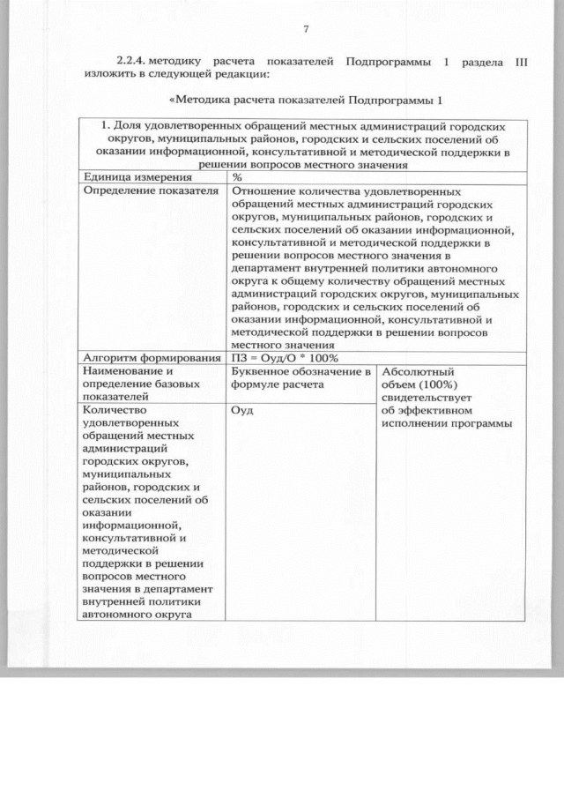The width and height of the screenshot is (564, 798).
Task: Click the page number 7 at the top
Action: [x=305, y=30]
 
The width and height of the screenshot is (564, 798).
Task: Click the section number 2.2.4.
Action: [x=130, y=62]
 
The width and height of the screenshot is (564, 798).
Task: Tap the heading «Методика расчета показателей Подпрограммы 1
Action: [x=304, y=98]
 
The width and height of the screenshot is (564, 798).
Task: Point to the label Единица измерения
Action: [x=126, y=177]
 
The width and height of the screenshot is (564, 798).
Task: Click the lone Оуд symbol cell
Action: [x=241, y=410]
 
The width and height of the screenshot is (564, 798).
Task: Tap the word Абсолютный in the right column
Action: [x=418, y=371]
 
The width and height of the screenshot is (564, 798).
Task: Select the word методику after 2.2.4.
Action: [x=176, y=62]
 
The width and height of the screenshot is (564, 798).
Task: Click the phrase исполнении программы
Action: [x=448, y=423]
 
